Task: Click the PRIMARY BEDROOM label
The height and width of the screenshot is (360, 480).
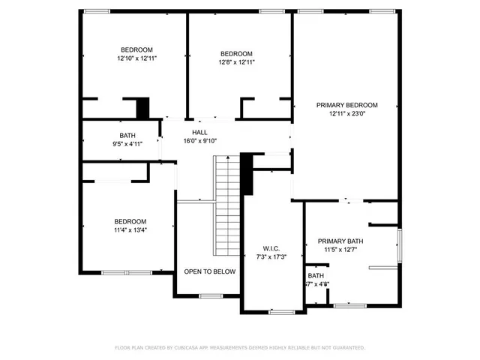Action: [346, 105]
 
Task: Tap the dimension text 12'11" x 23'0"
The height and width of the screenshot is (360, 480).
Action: [346, 114]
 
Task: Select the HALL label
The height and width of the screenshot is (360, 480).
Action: [199, 132]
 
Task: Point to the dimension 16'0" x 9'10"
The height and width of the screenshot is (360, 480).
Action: [199, 141]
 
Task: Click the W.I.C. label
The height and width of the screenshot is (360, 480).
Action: [271, 248]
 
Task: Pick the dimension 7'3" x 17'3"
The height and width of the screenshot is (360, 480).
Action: [271, 257]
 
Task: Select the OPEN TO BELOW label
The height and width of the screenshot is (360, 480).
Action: [210, 271]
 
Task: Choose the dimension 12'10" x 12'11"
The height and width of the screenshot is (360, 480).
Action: [137, 58]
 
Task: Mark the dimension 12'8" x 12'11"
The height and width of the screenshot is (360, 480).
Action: [236, 62]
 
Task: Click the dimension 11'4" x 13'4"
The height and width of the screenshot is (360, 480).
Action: [130, 230]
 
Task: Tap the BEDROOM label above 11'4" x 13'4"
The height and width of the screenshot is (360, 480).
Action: [130, 221]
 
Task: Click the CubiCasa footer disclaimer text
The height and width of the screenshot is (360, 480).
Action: [239, 348]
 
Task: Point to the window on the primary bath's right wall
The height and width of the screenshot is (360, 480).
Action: [399, 247]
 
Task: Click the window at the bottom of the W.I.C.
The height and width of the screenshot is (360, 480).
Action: [281, 311]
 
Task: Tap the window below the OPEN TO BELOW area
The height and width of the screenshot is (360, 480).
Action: [211, 297]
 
